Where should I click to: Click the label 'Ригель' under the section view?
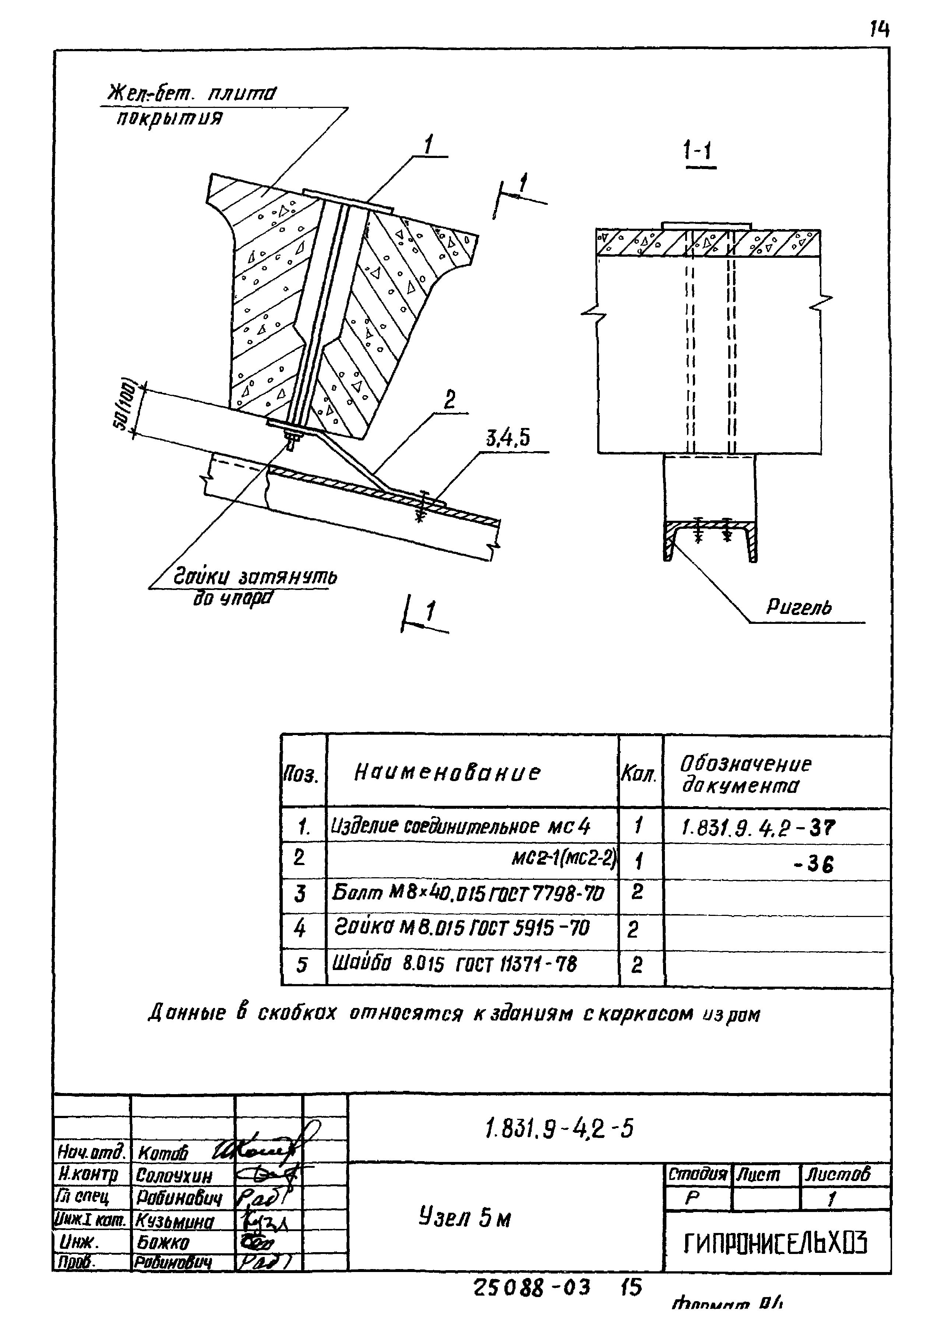tap(798, 607)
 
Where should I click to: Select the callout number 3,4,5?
tap(507, 440)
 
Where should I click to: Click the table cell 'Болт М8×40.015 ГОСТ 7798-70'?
tap(467, 894)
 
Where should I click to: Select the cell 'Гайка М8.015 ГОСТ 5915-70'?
tap(462, 929)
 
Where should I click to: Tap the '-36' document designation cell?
tap(814, 865)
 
